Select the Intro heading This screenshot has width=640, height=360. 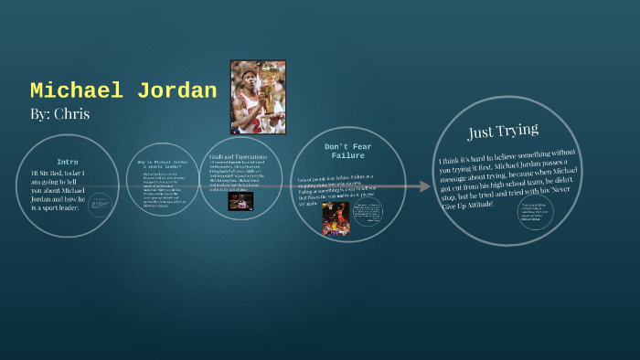pos(67,162)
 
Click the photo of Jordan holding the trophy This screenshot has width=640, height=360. pos(257,97)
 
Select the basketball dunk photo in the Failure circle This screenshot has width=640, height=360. pos(336,219)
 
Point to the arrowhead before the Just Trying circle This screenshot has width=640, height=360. pos(424,187)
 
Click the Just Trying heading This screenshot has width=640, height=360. pos(503,131)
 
